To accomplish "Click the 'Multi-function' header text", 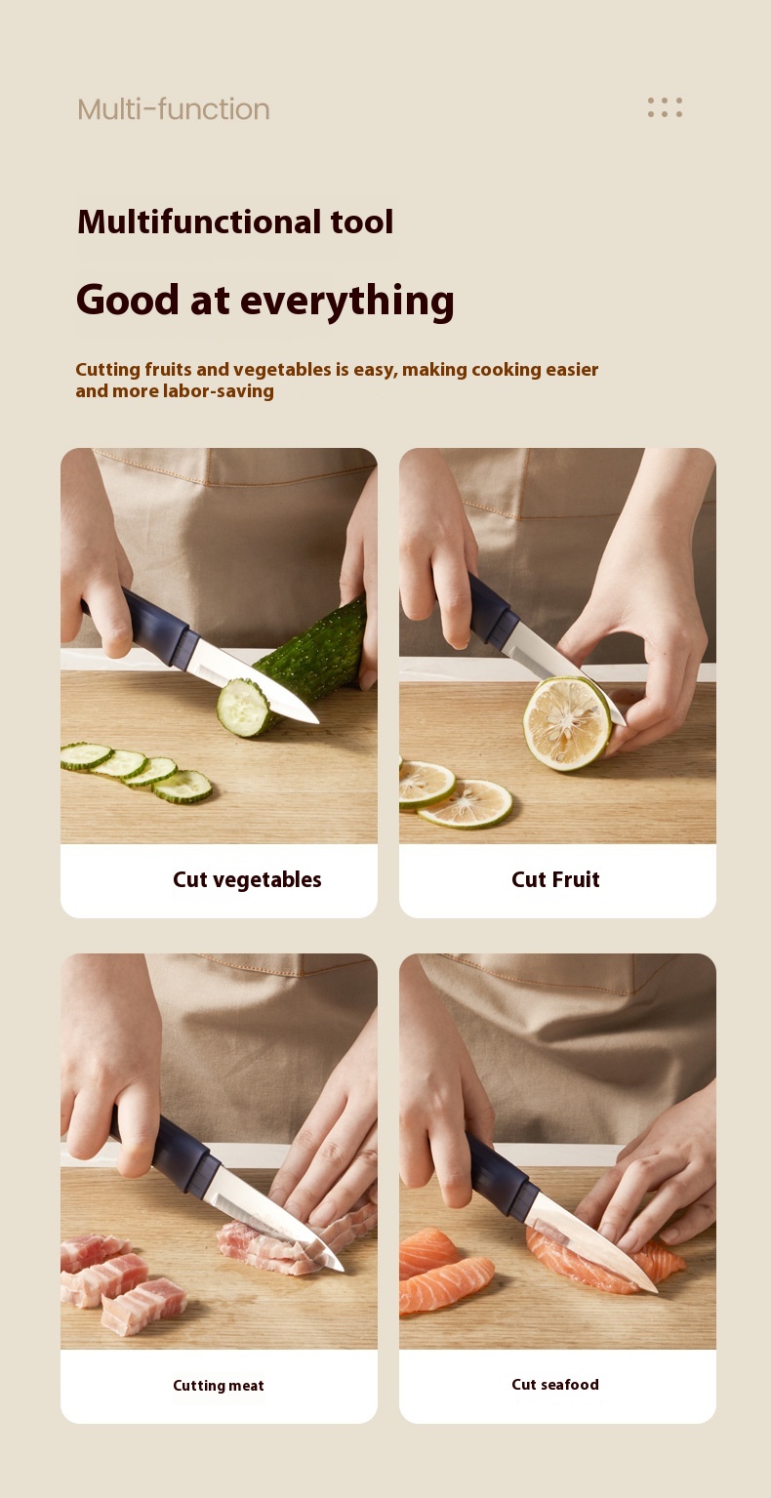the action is (173, 109).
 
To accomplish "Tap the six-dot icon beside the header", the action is (665, 107).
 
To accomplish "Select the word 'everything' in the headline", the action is (347, 301).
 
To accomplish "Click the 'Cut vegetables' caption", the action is (247, 879).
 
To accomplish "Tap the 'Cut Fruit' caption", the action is (555, 879).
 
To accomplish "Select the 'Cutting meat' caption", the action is (218, 1385).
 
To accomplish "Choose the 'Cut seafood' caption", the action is (555, 1385).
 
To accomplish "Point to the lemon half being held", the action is (568, 723).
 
